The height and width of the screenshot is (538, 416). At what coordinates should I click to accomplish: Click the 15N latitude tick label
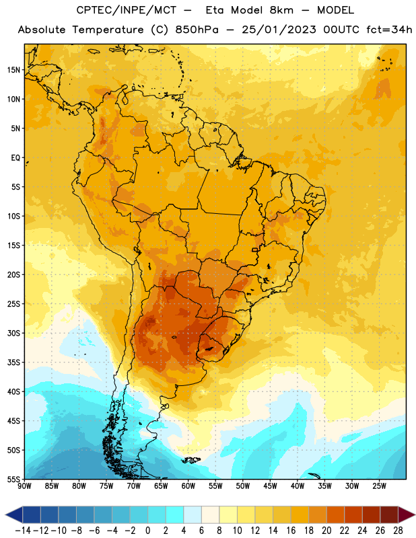pos(13,70)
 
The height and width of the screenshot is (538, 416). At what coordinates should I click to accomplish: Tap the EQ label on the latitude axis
pos(15,158)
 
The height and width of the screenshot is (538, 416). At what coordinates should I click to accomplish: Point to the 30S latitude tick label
pos(13,333)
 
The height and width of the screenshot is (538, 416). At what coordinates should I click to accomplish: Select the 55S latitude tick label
pos(13,479)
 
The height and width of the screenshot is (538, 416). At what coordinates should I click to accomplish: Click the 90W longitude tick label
pos(24,486)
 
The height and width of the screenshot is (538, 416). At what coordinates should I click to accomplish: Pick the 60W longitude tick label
pos(188,486)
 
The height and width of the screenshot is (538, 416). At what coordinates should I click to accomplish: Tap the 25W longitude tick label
pos(379,486)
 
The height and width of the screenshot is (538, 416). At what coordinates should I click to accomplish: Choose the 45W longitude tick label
pos(270,486)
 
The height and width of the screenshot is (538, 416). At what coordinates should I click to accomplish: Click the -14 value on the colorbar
pos(23,531)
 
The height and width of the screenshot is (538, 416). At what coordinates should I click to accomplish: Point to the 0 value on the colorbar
pos(147,531)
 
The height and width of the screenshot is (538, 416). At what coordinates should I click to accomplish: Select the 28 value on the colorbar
pos(398,531)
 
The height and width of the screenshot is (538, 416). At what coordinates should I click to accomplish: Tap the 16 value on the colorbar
pos(291,531)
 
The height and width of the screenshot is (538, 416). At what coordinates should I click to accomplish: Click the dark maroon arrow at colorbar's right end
pos(406,514)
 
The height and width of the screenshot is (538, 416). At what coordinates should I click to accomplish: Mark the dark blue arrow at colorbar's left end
pos(14,514)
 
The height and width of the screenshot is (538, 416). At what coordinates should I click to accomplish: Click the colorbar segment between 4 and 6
pos(193,514)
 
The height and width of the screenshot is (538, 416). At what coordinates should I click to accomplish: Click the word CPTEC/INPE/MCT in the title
pos(126,10)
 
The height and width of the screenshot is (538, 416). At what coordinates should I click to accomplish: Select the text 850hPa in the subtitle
pos(197,30)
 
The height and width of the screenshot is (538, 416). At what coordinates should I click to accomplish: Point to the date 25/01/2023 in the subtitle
pos(279,30)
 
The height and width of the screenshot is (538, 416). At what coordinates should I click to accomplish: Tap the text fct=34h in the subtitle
pos(389,30)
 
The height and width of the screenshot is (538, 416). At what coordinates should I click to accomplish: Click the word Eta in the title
pos(215,10)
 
